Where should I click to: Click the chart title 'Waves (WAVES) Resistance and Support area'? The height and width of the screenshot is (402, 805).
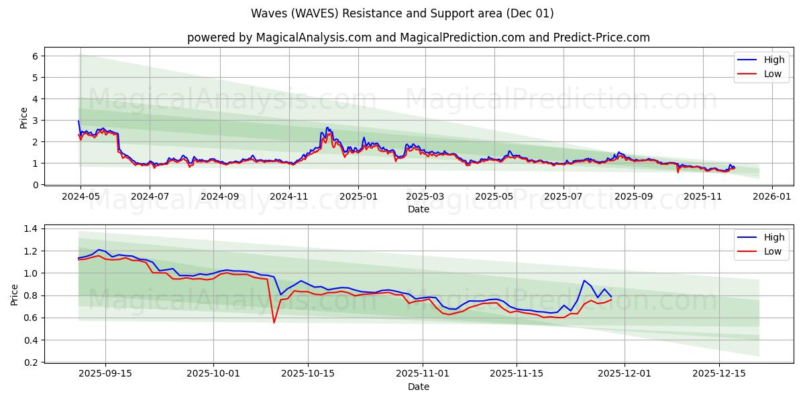tap(402, 13)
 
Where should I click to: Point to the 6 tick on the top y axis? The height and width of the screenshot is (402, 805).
tap(36, 56)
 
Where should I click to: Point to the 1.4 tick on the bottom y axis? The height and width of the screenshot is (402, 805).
tap(31, 228)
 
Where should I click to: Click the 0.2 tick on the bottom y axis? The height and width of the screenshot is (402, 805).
tap(31, 362)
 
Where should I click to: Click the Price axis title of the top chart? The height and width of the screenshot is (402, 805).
tap(24, 118)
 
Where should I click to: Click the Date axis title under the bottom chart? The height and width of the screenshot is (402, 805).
tap(418, 387)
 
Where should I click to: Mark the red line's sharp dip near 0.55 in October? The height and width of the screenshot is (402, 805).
tap(274, 322)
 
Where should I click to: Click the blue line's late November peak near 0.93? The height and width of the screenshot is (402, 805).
tap(584, 281)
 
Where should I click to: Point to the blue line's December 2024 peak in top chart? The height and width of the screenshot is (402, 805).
tap(327, 127)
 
